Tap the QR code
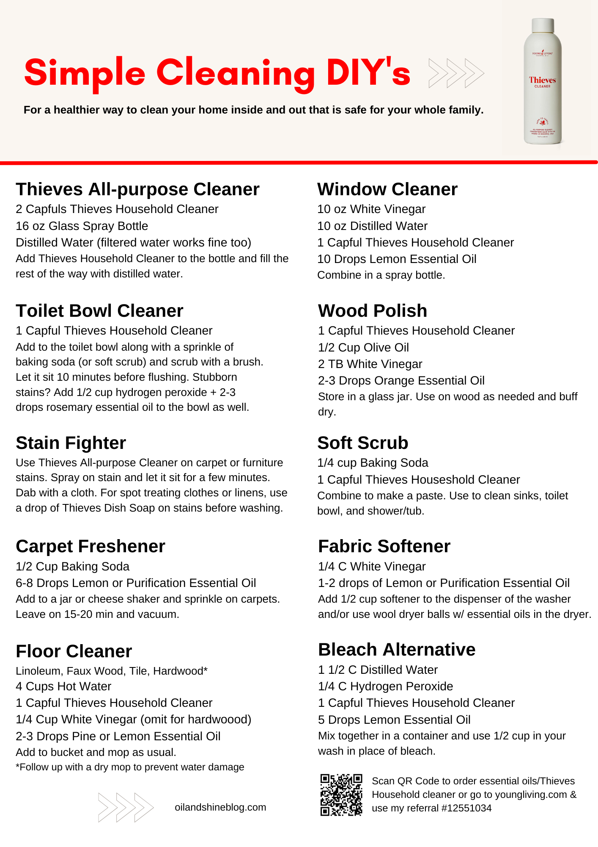coord(341,795)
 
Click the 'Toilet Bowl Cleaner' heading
coord(99,311)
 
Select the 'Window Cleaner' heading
coord(387,189)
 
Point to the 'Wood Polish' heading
coord(373,311)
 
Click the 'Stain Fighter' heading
coord(71,443)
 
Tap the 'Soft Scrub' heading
coord(363,443)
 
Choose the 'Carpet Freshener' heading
coord(91,546)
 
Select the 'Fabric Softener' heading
coord(384,546)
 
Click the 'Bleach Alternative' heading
coord(397,650)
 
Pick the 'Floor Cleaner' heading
coord(74,651)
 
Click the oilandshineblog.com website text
coord(220,807)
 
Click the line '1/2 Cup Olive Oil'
coord(363,347)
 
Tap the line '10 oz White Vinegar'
coord(371,209)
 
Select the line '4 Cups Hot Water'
coord(63,686)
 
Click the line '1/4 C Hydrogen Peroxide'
coord(385,686)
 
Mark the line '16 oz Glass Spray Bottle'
coord(82,226)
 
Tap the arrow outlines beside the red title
coord(456,73)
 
